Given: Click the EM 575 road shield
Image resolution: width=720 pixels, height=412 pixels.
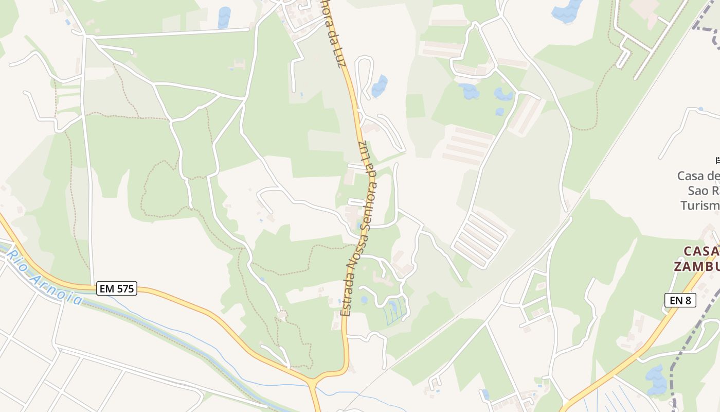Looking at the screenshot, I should coord(117,288).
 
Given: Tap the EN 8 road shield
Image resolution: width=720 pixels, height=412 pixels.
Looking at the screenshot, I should coord(680,300).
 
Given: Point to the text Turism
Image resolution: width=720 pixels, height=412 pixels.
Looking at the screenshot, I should coord(700,205).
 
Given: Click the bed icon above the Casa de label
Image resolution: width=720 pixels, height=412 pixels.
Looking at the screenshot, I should coord(717,160).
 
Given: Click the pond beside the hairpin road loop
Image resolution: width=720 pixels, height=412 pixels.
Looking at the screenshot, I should coord(380,85).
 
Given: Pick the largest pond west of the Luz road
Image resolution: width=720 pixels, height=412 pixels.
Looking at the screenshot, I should coord(224,17).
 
